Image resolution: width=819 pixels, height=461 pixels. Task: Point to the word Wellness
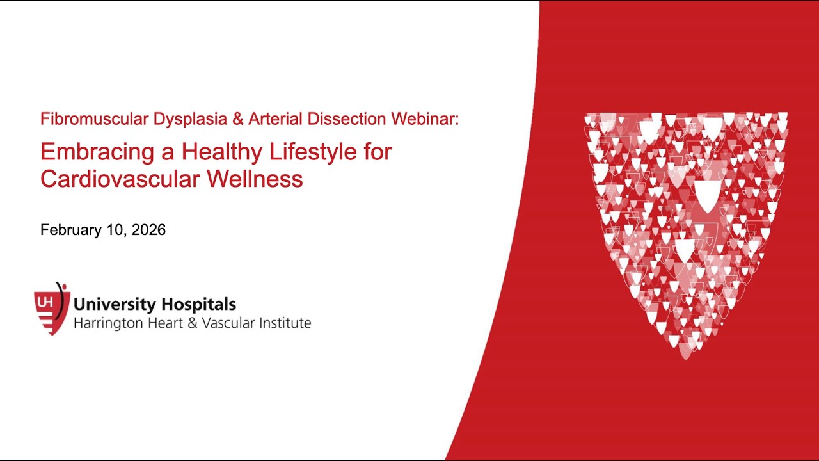254,179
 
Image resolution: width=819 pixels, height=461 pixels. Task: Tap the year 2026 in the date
148,230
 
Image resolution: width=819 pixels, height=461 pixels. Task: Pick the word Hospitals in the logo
198,305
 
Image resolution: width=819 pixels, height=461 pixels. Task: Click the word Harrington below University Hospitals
107,323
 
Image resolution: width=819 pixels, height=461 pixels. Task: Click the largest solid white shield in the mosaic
706,195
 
